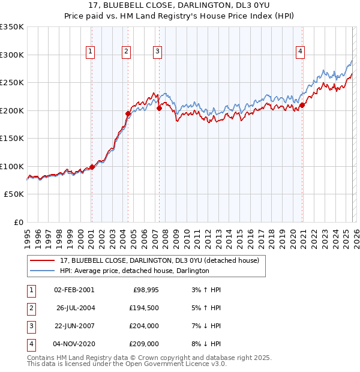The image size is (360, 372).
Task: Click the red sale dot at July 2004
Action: click(x=128, y=113)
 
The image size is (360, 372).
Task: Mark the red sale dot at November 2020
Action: click(x=302, y=105)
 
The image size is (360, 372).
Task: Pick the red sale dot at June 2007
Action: click(x=159, y=109)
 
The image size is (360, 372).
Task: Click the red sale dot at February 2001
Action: click(x=92, y=167)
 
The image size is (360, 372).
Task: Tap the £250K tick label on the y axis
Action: click(x=12, y=83)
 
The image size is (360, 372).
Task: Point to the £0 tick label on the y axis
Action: click(x=17, y=223)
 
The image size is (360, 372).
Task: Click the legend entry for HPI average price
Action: click(x=134, y=271)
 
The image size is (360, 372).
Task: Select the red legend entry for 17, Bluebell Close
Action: click(x=159, y=260)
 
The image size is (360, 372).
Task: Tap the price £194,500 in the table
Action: click(x=143, y=308)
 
